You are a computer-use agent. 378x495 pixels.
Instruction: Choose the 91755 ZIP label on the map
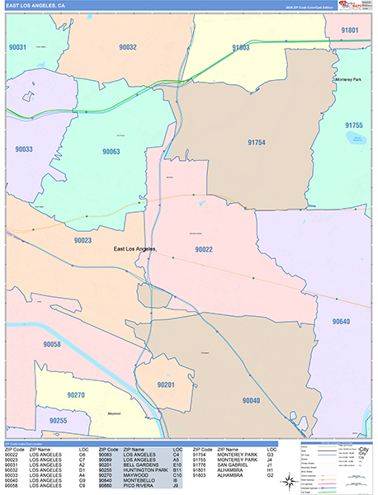pos(354,125)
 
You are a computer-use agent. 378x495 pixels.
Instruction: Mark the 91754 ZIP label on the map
pos(257,143)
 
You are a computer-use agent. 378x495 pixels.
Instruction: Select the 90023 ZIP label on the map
pos(83,240)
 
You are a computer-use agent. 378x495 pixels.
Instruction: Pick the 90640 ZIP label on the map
pos(342,321)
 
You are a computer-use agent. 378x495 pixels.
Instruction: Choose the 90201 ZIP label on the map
pos(167,384)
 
